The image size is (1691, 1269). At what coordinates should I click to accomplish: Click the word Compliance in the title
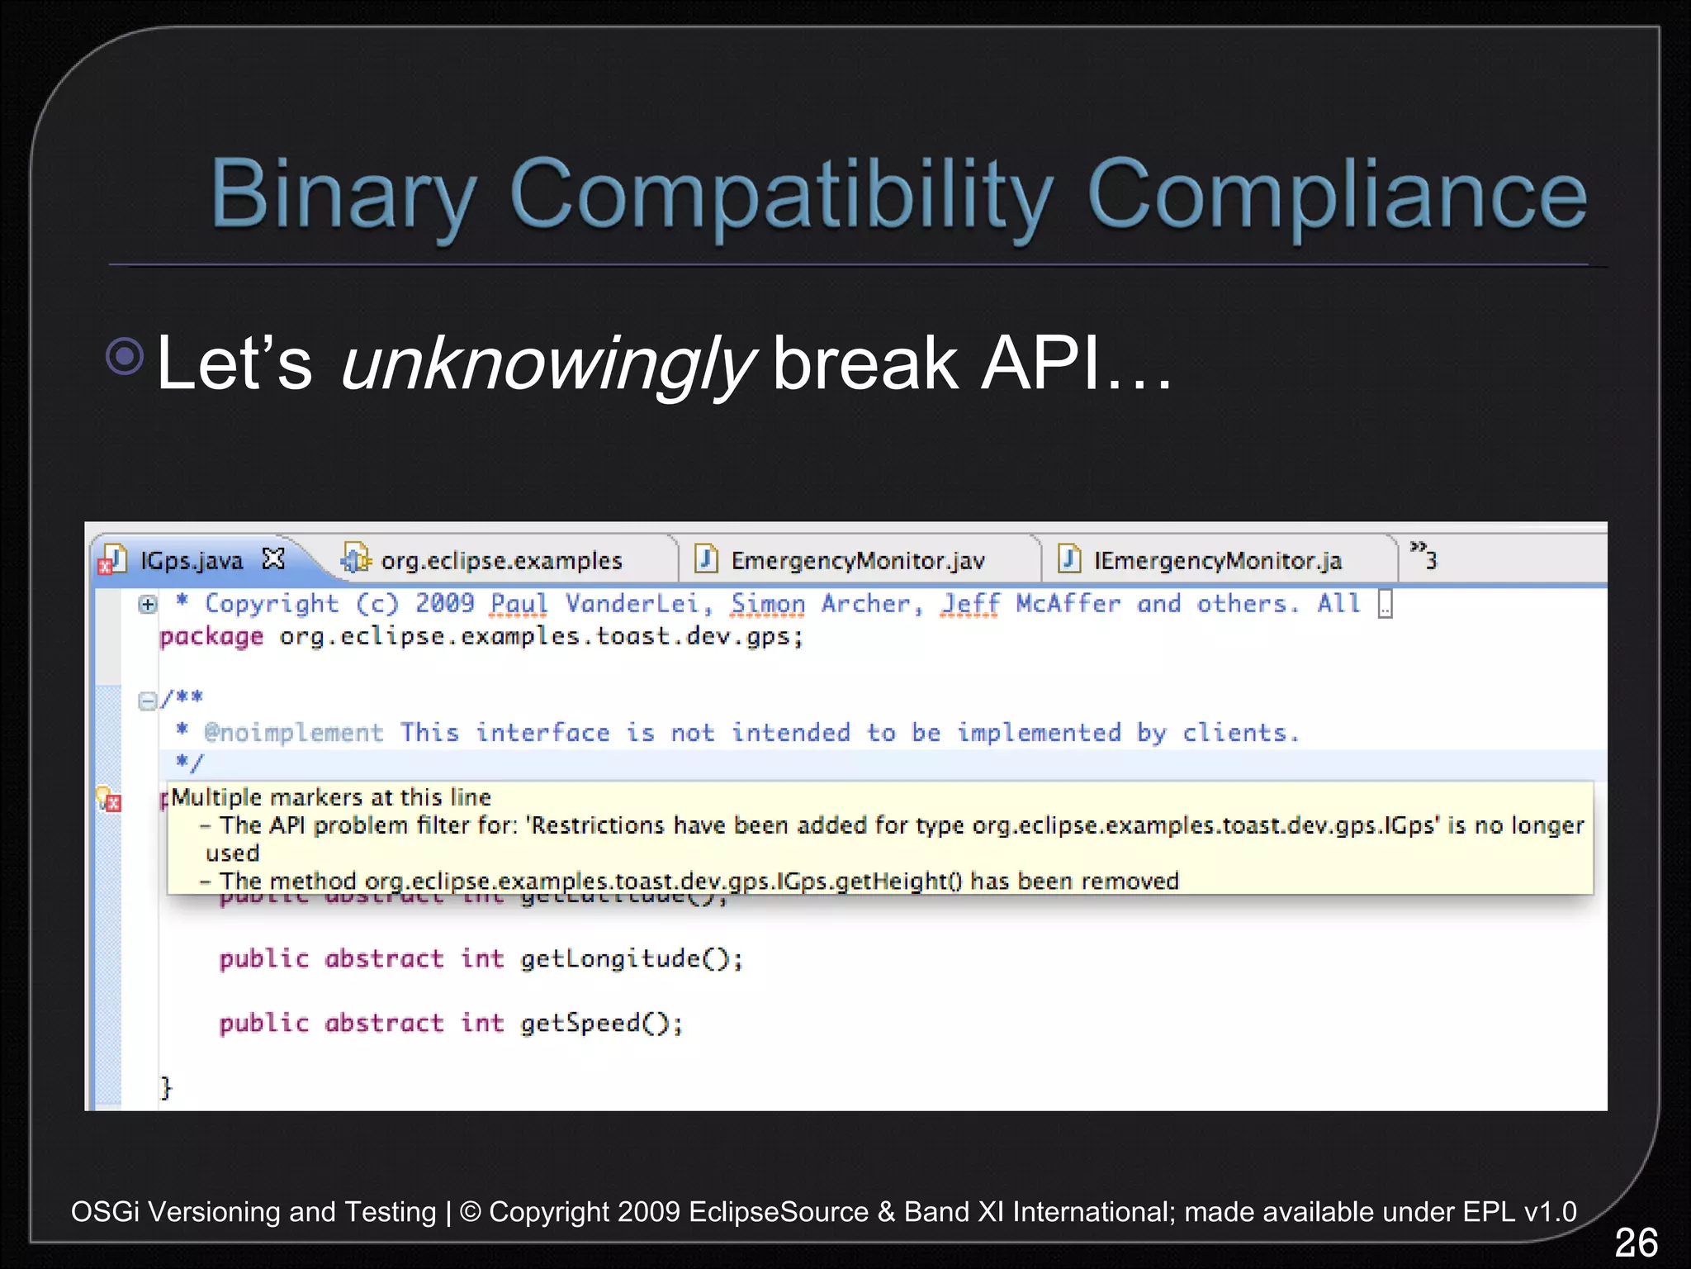(x=1337, y=194)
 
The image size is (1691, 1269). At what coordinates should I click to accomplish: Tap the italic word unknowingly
(x=547, y=364)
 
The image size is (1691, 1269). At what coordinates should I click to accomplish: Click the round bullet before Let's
(x=126, y=357)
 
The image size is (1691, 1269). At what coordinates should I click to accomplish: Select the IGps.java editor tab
(x=191, y=561)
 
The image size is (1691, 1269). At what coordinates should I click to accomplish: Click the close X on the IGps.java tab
(x=273, y=559)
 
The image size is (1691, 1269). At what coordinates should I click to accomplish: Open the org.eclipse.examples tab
(x=500, y=561)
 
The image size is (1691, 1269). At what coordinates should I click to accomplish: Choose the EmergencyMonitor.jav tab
(x=857, y=561)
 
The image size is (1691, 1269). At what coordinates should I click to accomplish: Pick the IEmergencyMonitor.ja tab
(x=1217, y=561)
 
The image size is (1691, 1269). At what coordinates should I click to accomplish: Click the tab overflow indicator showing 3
(x=1423, y=556)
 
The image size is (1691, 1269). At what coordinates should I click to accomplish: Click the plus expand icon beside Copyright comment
(x=148, y=605)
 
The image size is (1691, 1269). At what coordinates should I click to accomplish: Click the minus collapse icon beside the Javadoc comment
(x=147, y=701)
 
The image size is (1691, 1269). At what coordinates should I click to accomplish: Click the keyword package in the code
(x=211, y=637)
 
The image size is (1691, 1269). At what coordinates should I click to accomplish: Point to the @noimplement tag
(x=294, y=733)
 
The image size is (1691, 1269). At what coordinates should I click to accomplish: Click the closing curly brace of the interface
(x=166, y=1087)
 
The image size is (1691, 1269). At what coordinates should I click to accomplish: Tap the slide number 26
(x=1635, y=1242)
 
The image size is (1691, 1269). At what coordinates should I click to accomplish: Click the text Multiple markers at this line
(x=331, y=797)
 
